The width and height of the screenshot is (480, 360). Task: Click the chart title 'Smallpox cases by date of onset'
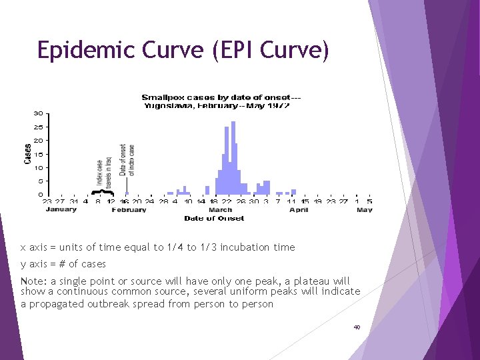(213, 98)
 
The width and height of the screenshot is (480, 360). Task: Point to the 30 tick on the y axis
(39, 113)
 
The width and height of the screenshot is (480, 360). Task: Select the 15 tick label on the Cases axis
(39, 154)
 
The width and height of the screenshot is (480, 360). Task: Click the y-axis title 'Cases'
(27, 154)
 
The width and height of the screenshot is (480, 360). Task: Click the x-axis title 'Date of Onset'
(214, 218)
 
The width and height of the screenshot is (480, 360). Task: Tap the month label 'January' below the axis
(61, 209)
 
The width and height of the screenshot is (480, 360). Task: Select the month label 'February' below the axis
(129, 210)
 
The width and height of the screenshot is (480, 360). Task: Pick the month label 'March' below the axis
(220, 210)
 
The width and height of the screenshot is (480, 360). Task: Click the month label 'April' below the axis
(299, 210)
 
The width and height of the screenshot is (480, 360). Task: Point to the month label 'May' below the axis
(364, 210)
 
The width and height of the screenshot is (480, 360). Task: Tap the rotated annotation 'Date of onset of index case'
(127, 160)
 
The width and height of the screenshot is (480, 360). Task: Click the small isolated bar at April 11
(293, 192)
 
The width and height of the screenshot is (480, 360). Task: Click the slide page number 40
(357, 328)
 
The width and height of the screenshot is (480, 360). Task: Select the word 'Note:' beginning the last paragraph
(34, 281)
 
